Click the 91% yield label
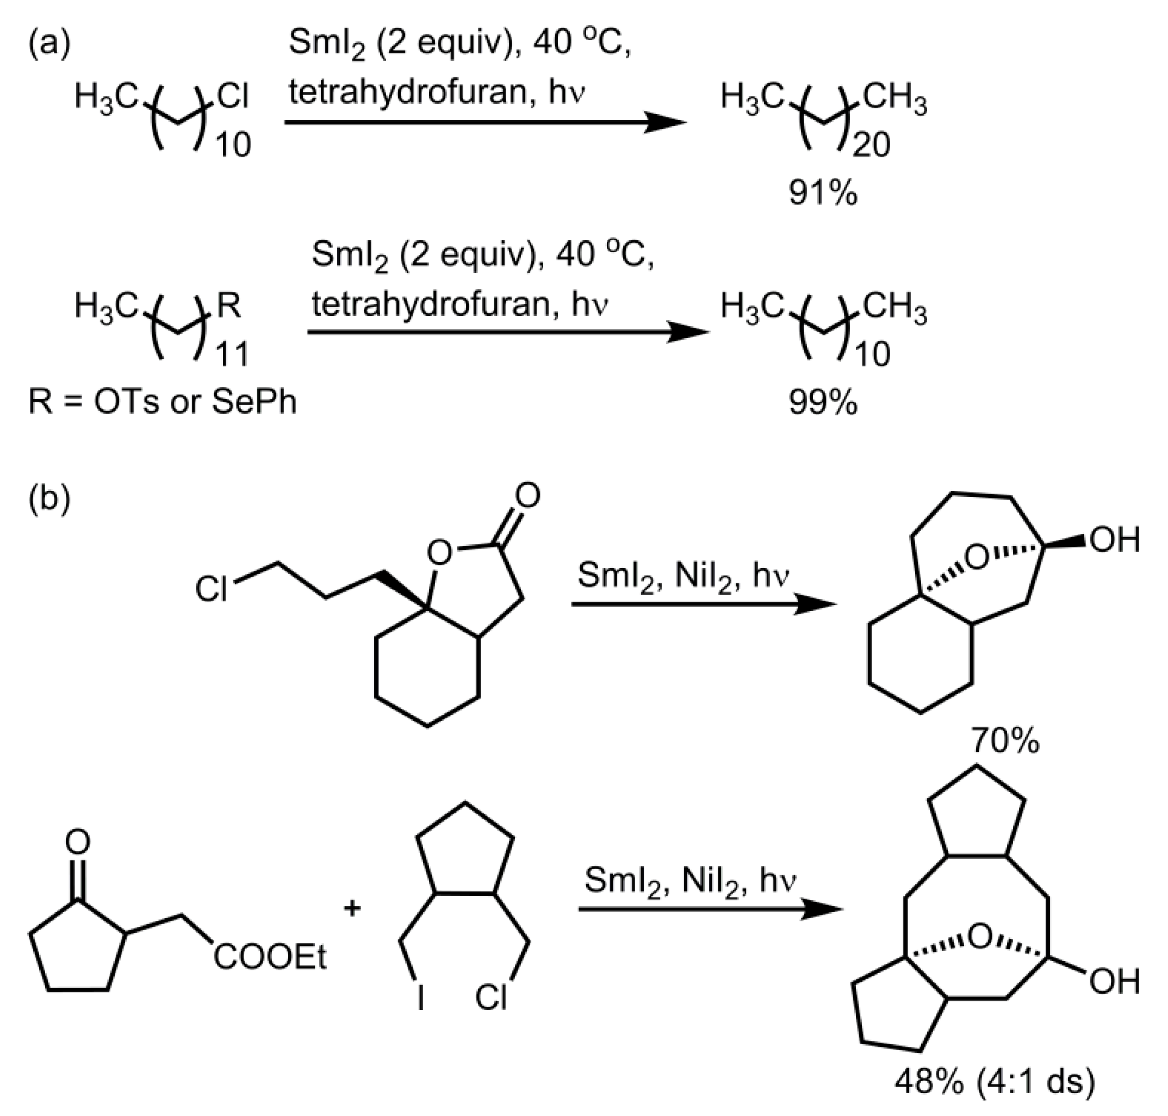tap(823, 193)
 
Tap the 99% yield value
tap(823, 403)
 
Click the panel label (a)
tap(49, 45)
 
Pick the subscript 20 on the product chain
tap(871, 145)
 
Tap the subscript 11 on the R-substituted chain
tap(232, 354)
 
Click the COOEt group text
tap(270, 958)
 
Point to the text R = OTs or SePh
tap(163, 402)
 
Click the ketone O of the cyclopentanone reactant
tap(77, 843)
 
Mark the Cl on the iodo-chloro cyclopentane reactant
tap(491, 998)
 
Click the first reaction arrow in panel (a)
tap(485, 122)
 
